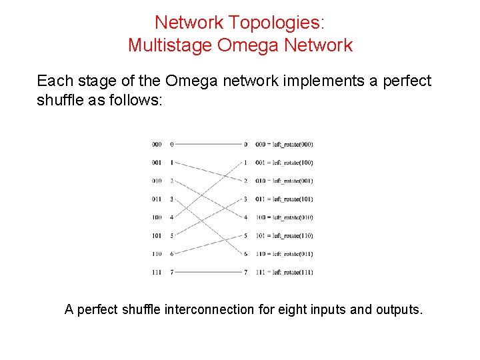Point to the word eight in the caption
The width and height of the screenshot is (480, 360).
point(279,309)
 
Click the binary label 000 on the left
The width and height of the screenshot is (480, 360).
point(156,144)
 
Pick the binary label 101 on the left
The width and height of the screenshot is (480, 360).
point(156,235)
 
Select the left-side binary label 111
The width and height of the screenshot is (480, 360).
point(156,272)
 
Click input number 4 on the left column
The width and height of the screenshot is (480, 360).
point(171,217)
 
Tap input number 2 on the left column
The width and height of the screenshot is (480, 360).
point(171,181)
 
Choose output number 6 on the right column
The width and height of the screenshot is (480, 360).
point(245,254)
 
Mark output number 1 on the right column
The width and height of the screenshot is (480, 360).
point(245,163)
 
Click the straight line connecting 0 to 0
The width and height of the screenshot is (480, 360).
point(208,144)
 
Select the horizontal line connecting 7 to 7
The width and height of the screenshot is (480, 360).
point(208,272)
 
